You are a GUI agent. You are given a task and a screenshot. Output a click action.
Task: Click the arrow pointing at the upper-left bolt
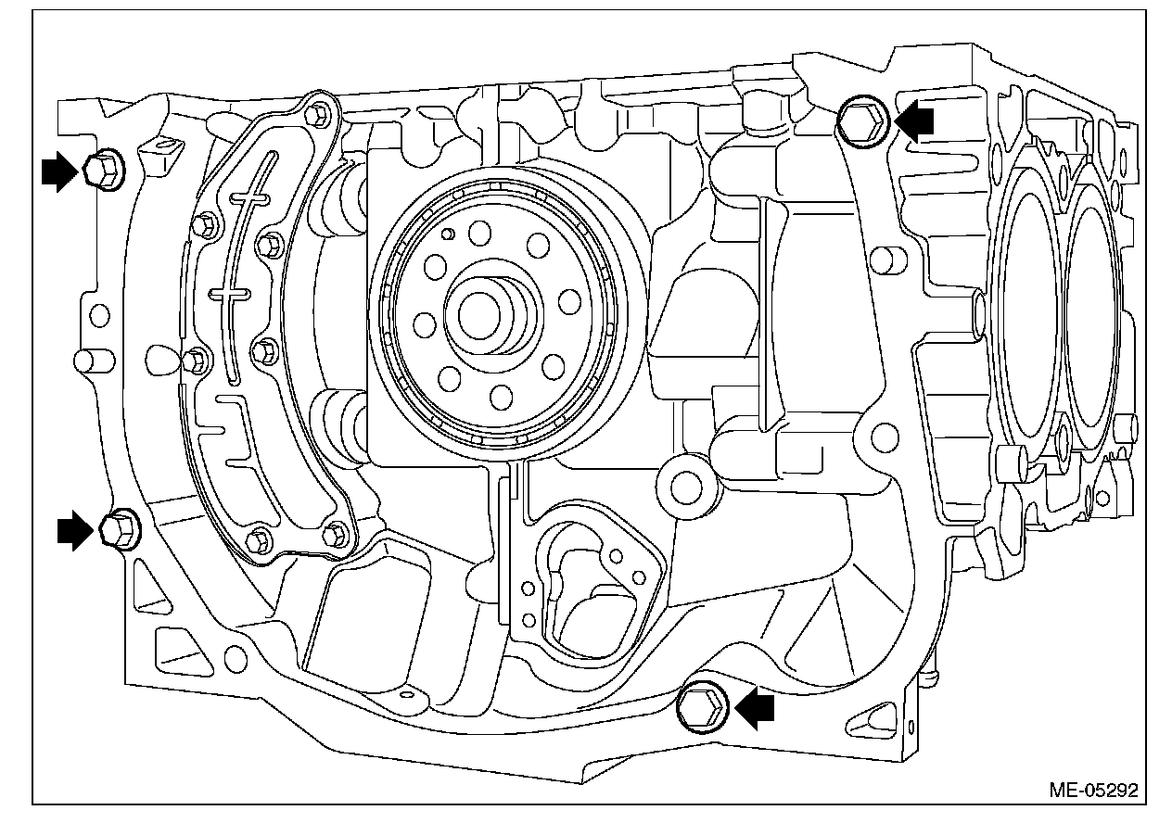click(x=57, y=171)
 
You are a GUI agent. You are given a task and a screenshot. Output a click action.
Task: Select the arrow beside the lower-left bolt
click(x=75, y=530)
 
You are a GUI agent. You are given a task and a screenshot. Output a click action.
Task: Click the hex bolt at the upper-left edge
click(x=101, y=170)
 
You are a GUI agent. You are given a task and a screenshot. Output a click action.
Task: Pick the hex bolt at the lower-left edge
click(x=115, y=529)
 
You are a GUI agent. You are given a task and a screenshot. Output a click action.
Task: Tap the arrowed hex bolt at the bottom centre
click(x=701, y=706)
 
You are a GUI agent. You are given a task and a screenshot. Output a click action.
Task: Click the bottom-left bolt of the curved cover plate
click(x=260, y=537)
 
